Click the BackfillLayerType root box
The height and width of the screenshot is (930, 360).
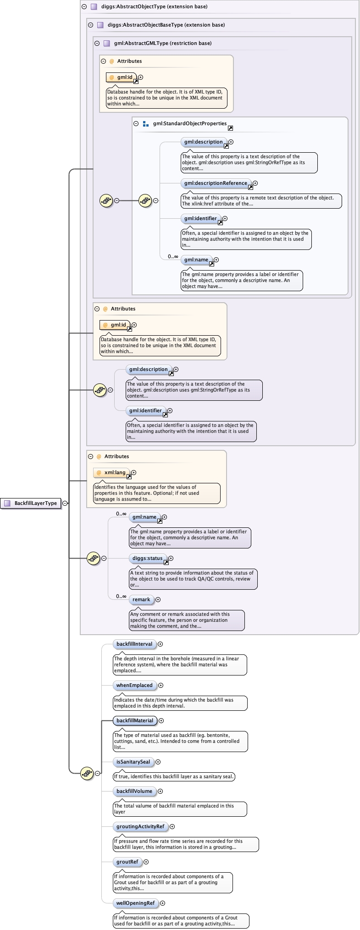tap(31, 503)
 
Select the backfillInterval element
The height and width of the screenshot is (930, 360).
tap(134, 644)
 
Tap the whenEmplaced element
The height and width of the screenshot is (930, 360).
tap(134, 685)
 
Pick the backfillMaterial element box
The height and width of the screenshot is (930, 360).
tap(135, 720)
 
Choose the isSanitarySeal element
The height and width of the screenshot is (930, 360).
tap(133, 762)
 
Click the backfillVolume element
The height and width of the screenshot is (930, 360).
tap(134, 791)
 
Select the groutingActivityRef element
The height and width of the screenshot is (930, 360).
tap(140, 826)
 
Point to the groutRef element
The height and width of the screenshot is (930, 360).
tap(127, 862)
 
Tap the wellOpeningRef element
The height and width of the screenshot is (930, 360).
tap(135, 903)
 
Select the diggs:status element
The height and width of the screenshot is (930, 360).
tap(147, 558)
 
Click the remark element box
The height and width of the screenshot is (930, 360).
tap(141, 599)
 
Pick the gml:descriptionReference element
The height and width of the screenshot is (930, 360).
tap(216, 183)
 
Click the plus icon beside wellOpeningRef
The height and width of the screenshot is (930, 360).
tap(162, 903)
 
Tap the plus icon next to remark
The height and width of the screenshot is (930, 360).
tap(158, 599)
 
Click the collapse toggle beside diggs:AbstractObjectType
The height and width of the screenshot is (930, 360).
tap(84, 6)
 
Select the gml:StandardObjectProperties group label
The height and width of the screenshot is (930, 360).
tap(190, 123)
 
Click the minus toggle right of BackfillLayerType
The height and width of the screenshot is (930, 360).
tap(65, 503)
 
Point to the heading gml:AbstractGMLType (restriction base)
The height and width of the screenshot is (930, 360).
tap(163, 43)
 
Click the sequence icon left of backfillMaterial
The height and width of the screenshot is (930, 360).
tap(87, 773)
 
